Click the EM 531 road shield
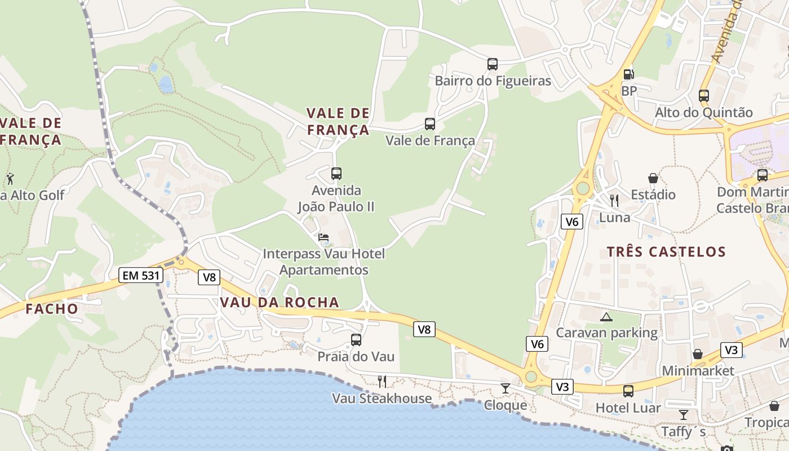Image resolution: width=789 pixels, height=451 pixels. point(141,276)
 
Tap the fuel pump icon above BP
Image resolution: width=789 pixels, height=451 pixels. point(628,74)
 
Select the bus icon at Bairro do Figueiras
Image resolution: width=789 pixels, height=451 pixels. point(493,64)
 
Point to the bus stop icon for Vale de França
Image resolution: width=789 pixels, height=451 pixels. point(430,124)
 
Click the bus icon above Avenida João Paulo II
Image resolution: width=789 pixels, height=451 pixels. point(336,174)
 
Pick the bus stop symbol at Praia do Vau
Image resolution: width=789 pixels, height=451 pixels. point(356,340)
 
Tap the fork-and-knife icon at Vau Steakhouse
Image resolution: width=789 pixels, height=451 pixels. point(382,382)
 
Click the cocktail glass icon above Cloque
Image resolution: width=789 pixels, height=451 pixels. point(506,388)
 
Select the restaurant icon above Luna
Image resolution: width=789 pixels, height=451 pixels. point(614,200)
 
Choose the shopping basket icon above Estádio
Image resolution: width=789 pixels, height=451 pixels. point(653,178)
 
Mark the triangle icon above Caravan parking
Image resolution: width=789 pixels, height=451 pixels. point(606,317)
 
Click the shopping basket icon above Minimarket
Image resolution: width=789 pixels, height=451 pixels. point(698,354)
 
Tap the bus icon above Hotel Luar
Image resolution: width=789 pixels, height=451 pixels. point(628,391)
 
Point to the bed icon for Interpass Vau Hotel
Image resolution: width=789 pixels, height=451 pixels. point(323,237)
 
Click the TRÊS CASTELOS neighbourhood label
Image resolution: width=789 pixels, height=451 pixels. point(666,251)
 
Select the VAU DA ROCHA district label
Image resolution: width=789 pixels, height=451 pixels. point(280,302)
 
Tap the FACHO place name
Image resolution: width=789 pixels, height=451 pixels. point(52,308)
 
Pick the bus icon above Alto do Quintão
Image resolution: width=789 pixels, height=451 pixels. point(704,96)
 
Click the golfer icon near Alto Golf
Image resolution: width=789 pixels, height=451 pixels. point(10,179)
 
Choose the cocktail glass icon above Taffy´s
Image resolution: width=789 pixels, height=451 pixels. point(684,415)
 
